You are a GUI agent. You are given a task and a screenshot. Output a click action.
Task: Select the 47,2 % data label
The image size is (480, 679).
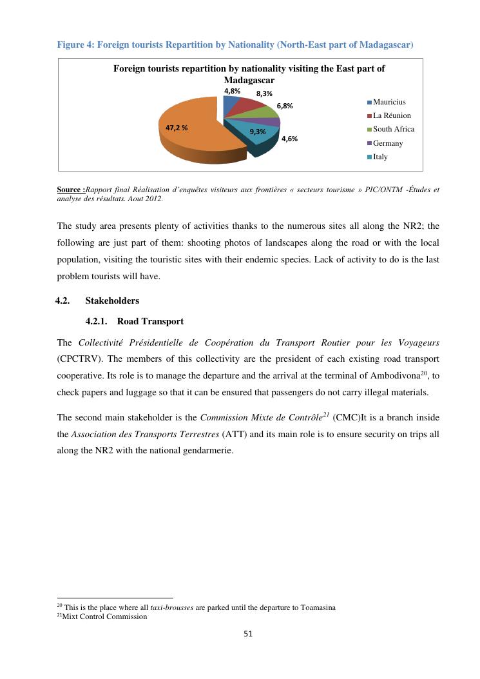[177, 128]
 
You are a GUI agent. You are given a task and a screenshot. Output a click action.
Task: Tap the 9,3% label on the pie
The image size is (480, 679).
[258, 132]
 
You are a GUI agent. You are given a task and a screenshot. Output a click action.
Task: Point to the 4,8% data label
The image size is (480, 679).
[232, 92]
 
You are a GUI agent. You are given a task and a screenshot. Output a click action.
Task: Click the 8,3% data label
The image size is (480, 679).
[264, 94]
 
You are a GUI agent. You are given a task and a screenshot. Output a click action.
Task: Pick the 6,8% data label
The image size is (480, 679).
[285, 106]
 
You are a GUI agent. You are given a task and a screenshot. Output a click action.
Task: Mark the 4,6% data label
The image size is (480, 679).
[289, 139]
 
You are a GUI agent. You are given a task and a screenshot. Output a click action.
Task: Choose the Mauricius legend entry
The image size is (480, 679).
[389, 102]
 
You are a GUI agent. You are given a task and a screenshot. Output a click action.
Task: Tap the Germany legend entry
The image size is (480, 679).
[388, 143]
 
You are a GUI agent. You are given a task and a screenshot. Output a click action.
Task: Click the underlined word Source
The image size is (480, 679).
[70, 190]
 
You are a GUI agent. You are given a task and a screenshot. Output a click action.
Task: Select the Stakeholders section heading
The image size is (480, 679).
[111, 300]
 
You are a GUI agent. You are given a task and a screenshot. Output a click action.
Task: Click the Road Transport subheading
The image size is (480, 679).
[150, 321]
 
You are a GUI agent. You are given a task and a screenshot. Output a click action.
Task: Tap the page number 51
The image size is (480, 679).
[249, 634]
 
